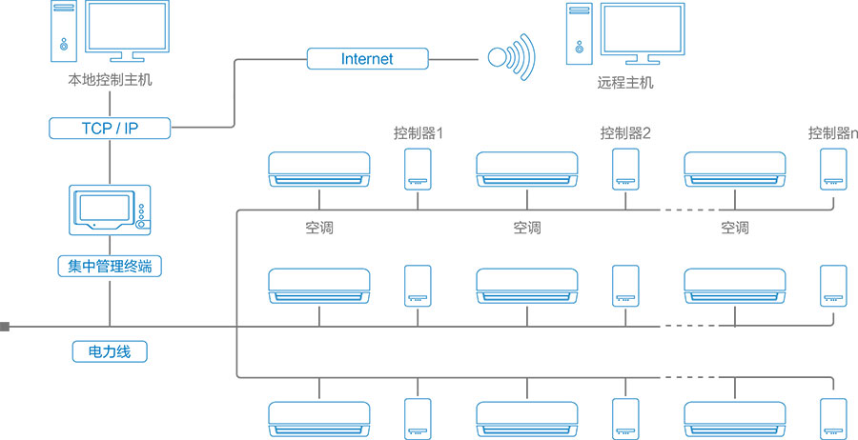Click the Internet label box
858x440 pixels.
tap(367, 59)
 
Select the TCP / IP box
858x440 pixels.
tap(111, 128)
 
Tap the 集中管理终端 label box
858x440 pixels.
tap(111, 267)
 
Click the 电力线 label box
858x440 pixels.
tap(111, 351)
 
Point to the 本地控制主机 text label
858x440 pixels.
tap(111, 82)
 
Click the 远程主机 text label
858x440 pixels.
tap(625, 83)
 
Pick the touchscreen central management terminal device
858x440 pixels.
tap(111, 209)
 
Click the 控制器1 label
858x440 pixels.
tap(419, 133)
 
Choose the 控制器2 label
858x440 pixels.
tap(625, 133)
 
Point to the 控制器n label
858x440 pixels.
tap(833, 133)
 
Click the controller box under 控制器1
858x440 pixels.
tap(418, 168)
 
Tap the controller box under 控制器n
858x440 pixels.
tap(833, 168)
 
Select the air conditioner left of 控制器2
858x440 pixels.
tap(526, 169)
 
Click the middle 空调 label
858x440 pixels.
tap(526, 229)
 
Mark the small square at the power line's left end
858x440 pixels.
tap(5, 327)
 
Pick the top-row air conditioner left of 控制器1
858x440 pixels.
tap(318, 169)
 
